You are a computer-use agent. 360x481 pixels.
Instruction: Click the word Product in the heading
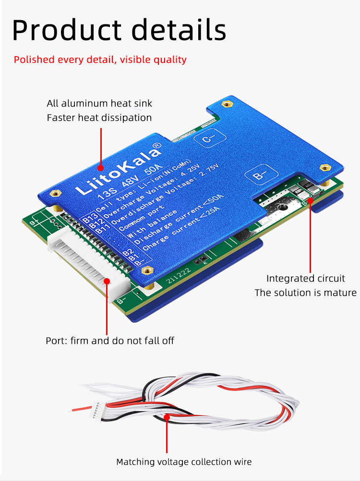(x=67, y=30)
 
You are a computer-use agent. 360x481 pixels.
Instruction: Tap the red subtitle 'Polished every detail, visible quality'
(x=100, y=59)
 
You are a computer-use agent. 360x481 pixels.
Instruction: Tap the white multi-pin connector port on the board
(x=89, y=264)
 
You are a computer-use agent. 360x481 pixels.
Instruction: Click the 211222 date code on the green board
(x=179, y=275)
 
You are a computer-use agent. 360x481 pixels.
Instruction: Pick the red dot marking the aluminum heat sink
(x=100, y=168)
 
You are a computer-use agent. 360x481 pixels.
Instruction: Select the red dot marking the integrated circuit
(x=310, y=200)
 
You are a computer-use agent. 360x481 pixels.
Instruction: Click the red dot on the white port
(x=107, y=281)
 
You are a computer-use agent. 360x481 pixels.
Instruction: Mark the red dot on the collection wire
(x=167, y=417)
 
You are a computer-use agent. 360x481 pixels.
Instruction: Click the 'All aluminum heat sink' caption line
(x=99, y=104)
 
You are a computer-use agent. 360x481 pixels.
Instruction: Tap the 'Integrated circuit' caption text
(x=306, y=278)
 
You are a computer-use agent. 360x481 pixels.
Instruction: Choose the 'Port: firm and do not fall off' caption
(x=109, y=340)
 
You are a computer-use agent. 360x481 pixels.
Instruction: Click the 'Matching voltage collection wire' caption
(x=184, y=462)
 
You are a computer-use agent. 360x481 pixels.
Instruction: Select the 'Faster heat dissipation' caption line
(x=99, y=118)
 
